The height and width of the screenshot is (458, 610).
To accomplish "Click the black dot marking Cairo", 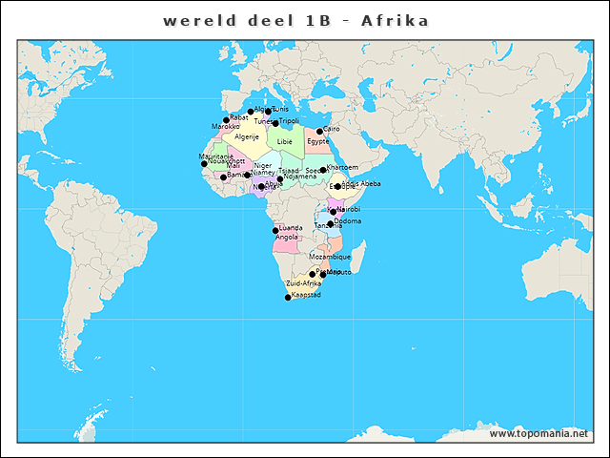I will pyautogui.click(x=319, y=132).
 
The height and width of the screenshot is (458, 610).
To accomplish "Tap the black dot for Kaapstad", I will pyautogui.click(x=288, y=298).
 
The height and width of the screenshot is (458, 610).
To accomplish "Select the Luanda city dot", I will pyautogui.click(x=275, y=230).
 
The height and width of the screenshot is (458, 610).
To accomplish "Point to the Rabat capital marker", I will pyautogui.click(x=226, y=120).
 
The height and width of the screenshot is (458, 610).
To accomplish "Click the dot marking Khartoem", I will pyautogui.click(x=323, y=170).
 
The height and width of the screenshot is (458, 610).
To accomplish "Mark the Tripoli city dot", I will pyautogui.click(x=275, y=123).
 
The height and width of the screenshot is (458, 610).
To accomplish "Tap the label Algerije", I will pyautogui.click(x=247, y=137).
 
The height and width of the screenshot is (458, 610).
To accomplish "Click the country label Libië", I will pyautogui.click(x=285, y=141).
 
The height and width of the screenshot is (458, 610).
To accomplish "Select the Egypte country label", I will pyautogui.click(x=318, y=141).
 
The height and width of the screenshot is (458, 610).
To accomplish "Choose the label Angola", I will pyautogui.click(x=287, y=237).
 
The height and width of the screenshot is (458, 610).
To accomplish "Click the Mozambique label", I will pyautogui.click(x=330, y=257).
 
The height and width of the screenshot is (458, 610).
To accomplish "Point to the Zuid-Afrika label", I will pyautogui.click(x=304, y=284).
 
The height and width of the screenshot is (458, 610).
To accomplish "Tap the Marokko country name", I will pyautogui.click(x=226, y=127).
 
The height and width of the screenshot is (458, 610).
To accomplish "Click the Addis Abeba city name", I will pyautogui.click(x=361, y=183).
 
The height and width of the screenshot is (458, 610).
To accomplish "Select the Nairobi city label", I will pyautogui.click(x=349, y=209).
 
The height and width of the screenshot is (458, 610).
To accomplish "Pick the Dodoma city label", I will pyautogui.click(x=349, y=221).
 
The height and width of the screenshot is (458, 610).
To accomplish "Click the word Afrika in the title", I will pyautogui.click(x=394, y=21).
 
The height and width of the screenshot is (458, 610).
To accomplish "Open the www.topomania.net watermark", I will pyautogui.click(x=539, y=434).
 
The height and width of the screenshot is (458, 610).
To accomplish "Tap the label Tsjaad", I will pyautogui.click(x=289, y=171).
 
